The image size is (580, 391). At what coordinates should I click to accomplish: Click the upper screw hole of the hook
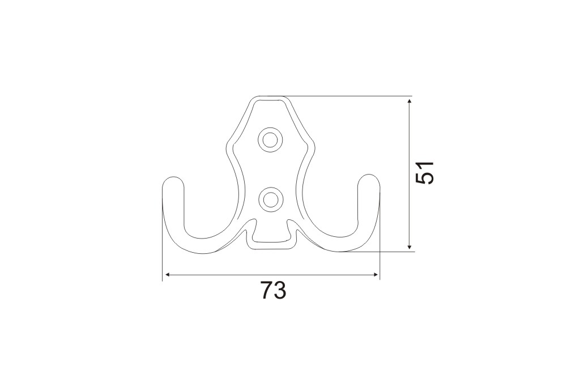(270, 140)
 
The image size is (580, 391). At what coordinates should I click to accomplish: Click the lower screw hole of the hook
(270, 199)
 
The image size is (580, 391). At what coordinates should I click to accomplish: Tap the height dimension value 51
(424, 173)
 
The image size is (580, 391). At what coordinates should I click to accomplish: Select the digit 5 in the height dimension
(424, 179)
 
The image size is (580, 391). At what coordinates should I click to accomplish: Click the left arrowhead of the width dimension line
(168, 274)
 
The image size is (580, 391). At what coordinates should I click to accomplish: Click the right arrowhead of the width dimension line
(376, 274)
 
